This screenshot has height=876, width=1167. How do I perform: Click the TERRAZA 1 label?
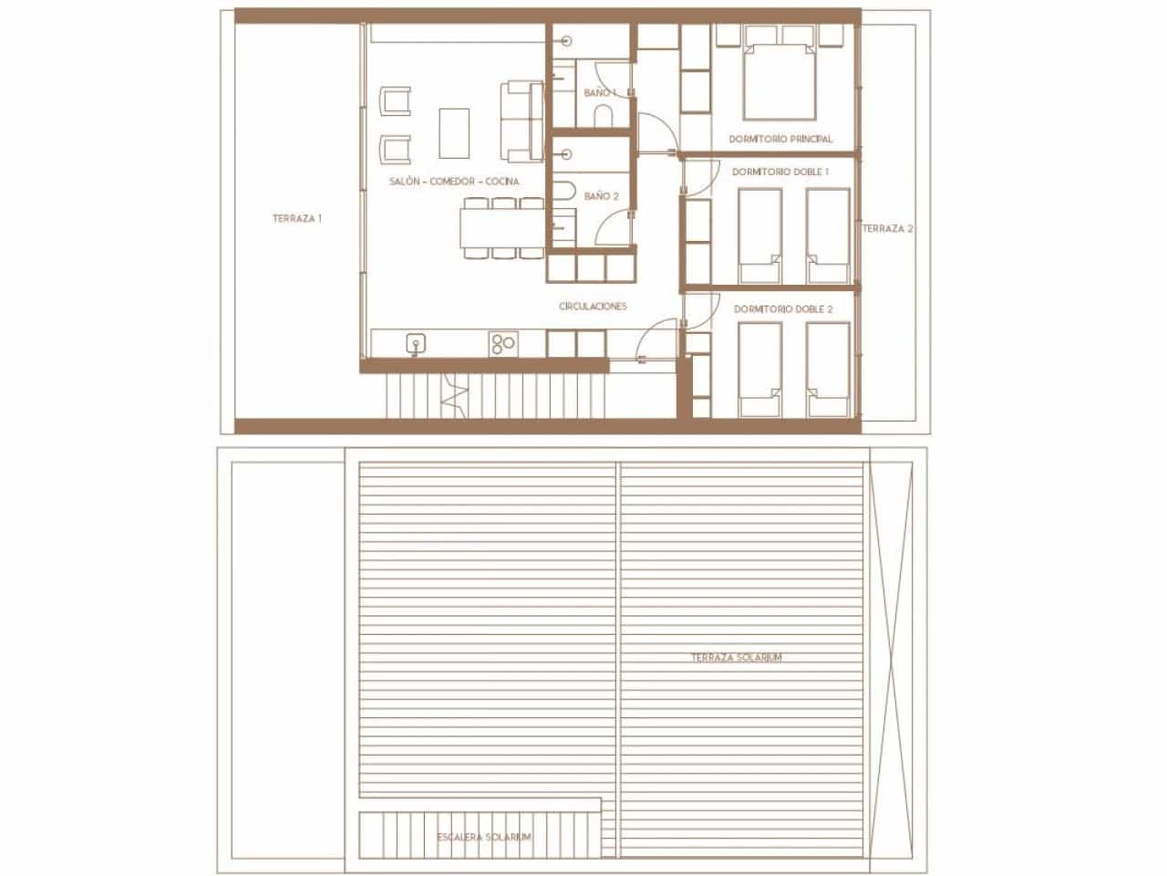[x=297, y=219]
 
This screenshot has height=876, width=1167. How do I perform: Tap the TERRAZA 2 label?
[x=887, y=228]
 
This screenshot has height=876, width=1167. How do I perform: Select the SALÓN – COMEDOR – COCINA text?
[x=453, y=182]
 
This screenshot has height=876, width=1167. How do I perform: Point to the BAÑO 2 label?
[x=601, y=196]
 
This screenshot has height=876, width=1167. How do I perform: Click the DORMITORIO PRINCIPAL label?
[x=780, y=140]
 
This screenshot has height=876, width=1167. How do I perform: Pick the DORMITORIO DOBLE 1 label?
[x=780, y=172]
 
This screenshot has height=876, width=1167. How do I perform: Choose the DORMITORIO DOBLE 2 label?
[x=783, y=309]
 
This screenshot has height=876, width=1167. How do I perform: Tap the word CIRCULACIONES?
[x=593, y=307]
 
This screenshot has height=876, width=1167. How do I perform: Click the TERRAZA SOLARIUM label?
[x=736, y=657]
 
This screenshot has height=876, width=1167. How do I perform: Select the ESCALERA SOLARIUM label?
[x=484, y=837]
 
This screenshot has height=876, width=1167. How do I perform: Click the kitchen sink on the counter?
[x=416, y=343]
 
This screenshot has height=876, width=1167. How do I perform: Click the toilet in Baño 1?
[x=604, y=115]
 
